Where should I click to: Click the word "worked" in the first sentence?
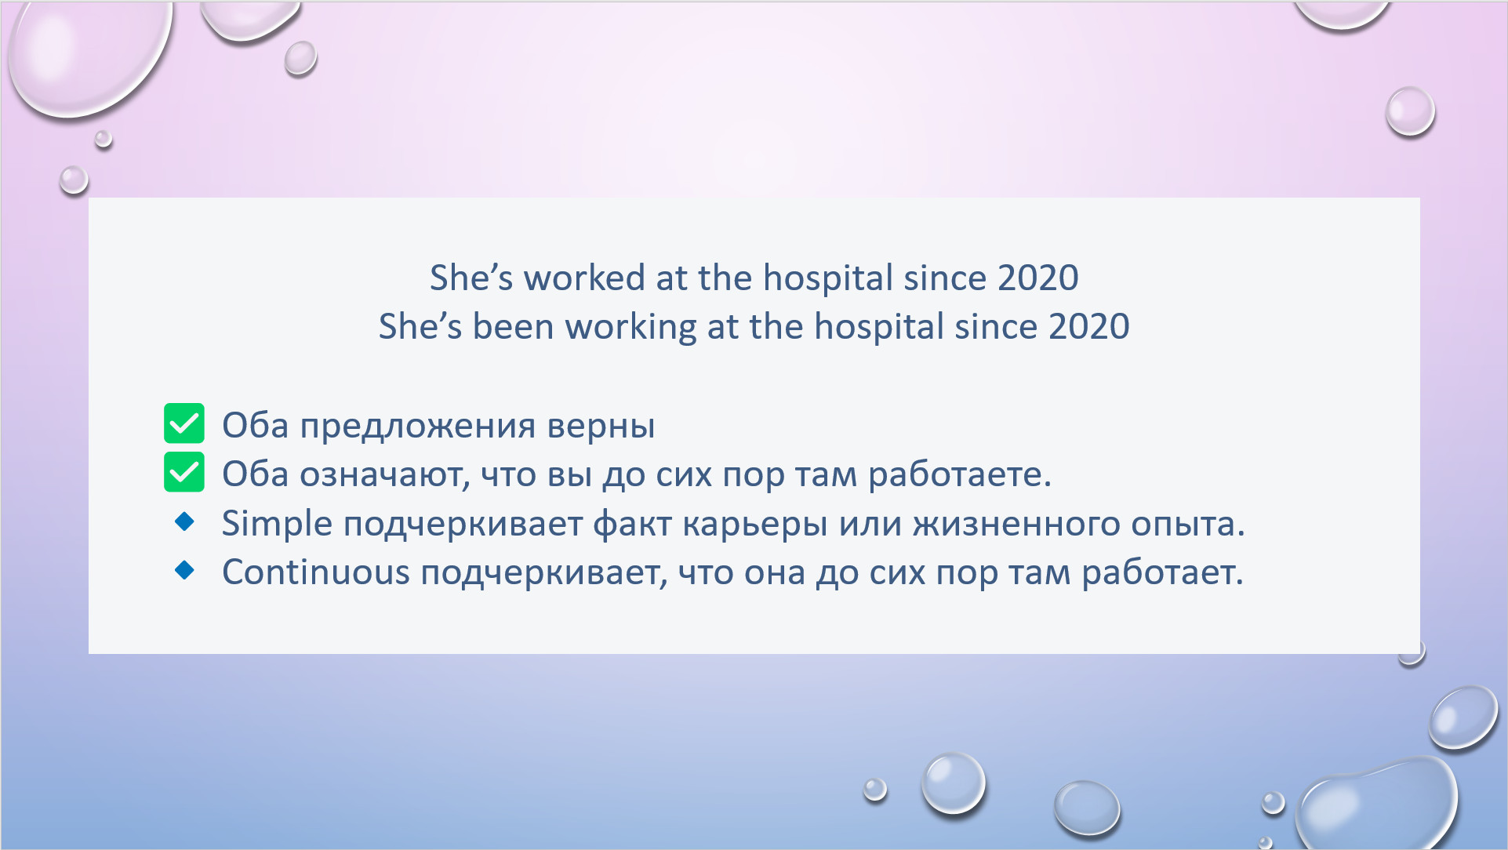point(584,278)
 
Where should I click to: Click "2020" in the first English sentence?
point(1037,278)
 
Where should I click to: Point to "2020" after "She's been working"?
point(1088,326)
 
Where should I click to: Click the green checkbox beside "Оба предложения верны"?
point(184,423)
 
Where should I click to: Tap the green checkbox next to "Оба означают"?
point(184,472)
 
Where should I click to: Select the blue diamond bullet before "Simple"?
point(185,521)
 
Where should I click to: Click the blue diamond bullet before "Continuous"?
point(185,570)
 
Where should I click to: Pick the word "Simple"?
point(277,524)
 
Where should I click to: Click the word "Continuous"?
point(316,572)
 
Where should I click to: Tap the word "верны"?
point(601,426)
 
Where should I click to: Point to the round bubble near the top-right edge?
point(1410,111)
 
